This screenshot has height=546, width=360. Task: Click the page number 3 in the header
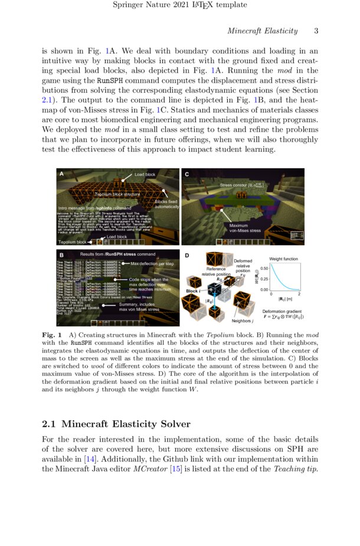click(316, 31)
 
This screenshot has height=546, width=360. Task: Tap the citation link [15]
click(216, 469)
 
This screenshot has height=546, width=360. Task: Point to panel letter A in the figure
click(61, 175)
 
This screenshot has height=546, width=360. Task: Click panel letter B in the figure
click(61, 254)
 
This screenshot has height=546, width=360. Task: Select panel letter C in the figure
click(187, 175)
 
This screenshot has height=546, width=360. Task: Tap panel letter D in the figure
click(187, 255)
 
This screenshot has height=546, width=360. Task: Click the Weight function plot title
click(283, 259)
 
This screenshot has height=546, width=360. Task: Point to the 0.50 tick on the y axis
click(264, 269)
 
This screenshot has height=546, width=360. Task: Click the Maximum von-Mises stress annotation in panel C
click(245, 228)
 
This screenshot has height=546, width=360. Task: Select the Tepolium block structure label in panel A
click(116, 194)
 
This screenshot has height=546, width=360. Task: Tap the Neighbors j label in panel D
click(241, 321)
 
